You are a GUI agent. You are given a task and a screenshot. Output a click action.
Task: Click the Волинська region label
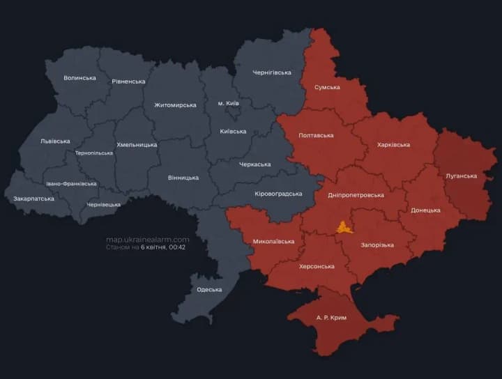click(79, 77)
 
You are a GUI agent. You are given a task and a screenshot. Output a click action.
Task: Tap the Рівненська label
click(128, 82)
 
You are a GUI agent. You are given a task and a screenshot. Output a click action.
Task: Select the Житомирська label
click(175, 105)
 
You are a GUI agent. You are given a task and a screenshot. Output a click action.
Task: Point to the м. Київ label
click(228, 103)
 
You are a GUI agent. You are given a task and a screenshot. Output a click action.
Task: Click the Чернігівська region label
click(272, 72)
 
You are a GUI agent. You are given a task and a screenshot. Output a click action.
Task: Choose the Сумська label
click(327, 87)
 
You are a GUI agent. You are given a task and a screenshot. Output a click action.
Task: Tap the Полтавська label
click(316, 135)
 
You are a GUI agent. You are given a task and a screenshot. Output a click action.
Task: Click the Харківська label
click(393, 145)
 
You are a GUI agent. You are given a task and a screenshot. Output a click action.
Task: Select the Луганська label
click(461, 176)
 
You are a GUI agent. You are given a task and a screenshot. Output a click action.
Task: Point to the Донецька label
click(425, 210)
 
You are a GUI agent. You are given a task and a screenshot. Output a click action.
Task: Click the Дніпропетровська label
click(356, 195)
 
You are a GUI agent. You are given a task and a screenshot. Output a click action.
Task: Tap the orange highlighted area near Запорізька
click(344, 227)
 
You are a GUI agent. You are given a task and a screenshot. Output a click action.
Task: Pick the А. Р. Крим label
click(331, 318)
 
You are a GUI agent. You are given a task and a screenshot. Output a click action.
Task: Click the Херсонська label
click(317, 266)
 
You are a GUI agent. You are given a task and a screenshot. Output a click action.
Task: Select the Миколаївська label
click(273, 242)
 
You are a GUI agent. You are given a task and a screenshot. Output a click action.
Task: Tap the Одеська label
click(209, 289)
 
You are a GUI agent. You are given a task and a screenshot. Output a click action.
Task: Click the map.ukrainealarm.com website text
click(147, 239)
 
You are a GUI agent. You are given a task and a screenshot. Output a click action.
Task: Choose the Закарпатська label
click(33, 199)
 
